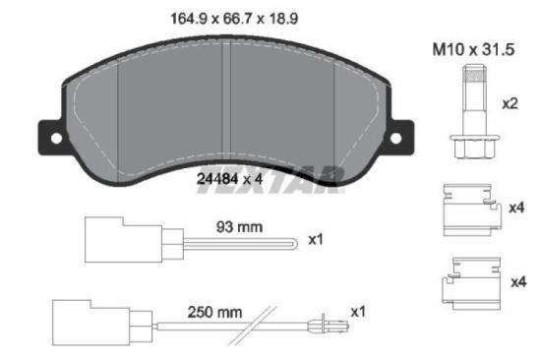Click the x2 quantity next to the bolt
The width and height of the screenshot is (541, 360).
pyautogui.click(x=511, y=103)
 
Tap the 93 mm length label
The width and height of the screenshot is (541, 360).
pyautogui.click(x=239, y=226)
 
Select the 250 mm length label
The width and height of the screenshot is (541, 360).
pyautogui.click(x=214, y=313)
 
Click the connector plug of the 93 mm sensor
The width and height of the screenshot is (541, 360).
pyautogui.click(x=105, y=239)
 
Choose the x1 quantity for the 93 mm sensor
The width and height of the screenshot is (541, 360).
pyautogui.click(x=316, y=239)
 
